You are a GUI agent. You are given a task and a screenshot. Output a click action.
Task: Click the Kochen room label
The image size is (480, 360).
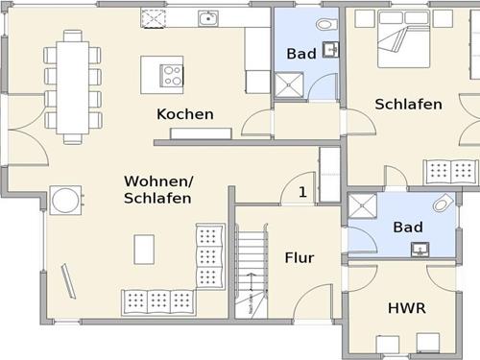click(x=185, y=114)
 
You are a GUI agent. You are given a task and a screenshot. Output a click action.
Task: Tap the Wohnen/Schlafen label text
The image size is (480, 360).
click(x=158, y=189)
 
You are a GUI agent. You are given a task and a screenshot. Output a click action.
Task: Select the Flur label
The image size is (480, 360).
click(x=300, y=257)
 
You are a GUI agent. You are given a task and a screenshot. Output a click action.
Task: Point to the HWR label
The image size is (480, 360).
click(x=407, y=308)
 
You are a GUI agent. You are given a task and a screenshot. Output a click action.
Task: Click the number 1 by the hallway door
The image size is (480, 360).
click(x=302, y=192)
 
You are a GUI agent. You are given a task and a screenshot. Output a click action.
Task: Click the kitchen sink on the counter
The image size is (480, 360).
click(x=208, y=18)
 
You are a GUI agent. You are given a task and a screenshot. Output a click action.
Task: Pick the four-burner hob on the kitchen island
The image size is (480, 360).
click(x=172, y=76)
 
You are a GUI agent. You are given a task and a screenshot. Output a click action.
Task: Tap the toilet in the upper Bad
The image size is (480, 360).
click(x=326, y=24)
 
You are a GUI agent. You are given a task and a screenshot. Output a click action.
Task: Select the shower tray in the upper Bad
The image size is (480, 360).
click(x=289, y=84)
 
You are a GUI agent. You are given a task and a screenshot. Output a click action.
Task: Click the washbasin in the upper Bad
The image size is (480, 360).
click(x=330, y=50)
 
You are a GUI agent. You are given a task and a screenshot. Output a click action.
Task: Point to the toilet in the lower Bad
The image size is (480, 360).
click(x=444, y=204)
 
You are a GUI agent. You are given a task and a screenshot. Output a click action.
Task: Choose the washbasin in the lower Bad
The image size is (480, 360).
click(x=420, y=250)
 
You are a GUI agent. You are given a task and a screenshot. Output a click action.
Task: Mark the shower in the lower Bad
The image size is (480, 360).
click(x=362, y=206)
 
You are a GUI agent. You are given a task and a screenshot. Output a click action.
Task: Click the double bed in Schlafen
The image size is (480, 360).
click(x=404, y=38)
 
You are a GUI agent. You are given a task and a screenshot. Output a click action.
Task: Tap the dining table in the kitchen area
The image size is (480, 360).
click(x=73, y=87)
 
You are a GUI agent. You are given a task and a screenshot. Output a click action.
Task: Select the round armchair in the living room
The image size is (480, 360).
click(x=65, y=201)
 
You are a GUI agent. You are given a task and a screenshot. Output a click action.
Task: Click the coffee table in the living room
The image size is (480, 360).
click(x=144, y=250)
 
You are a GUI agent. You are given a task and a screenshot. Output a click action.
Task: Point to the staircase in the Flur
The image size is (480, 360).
click(x=252, y=271)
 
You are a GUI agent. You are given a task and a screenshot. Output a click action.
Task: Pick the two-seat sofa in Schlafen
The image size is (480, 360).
click(x=450, y=172)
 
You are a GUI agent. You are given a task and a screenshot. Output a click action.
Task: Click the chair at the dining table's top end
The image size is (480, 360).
click(x=73, y=36)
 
